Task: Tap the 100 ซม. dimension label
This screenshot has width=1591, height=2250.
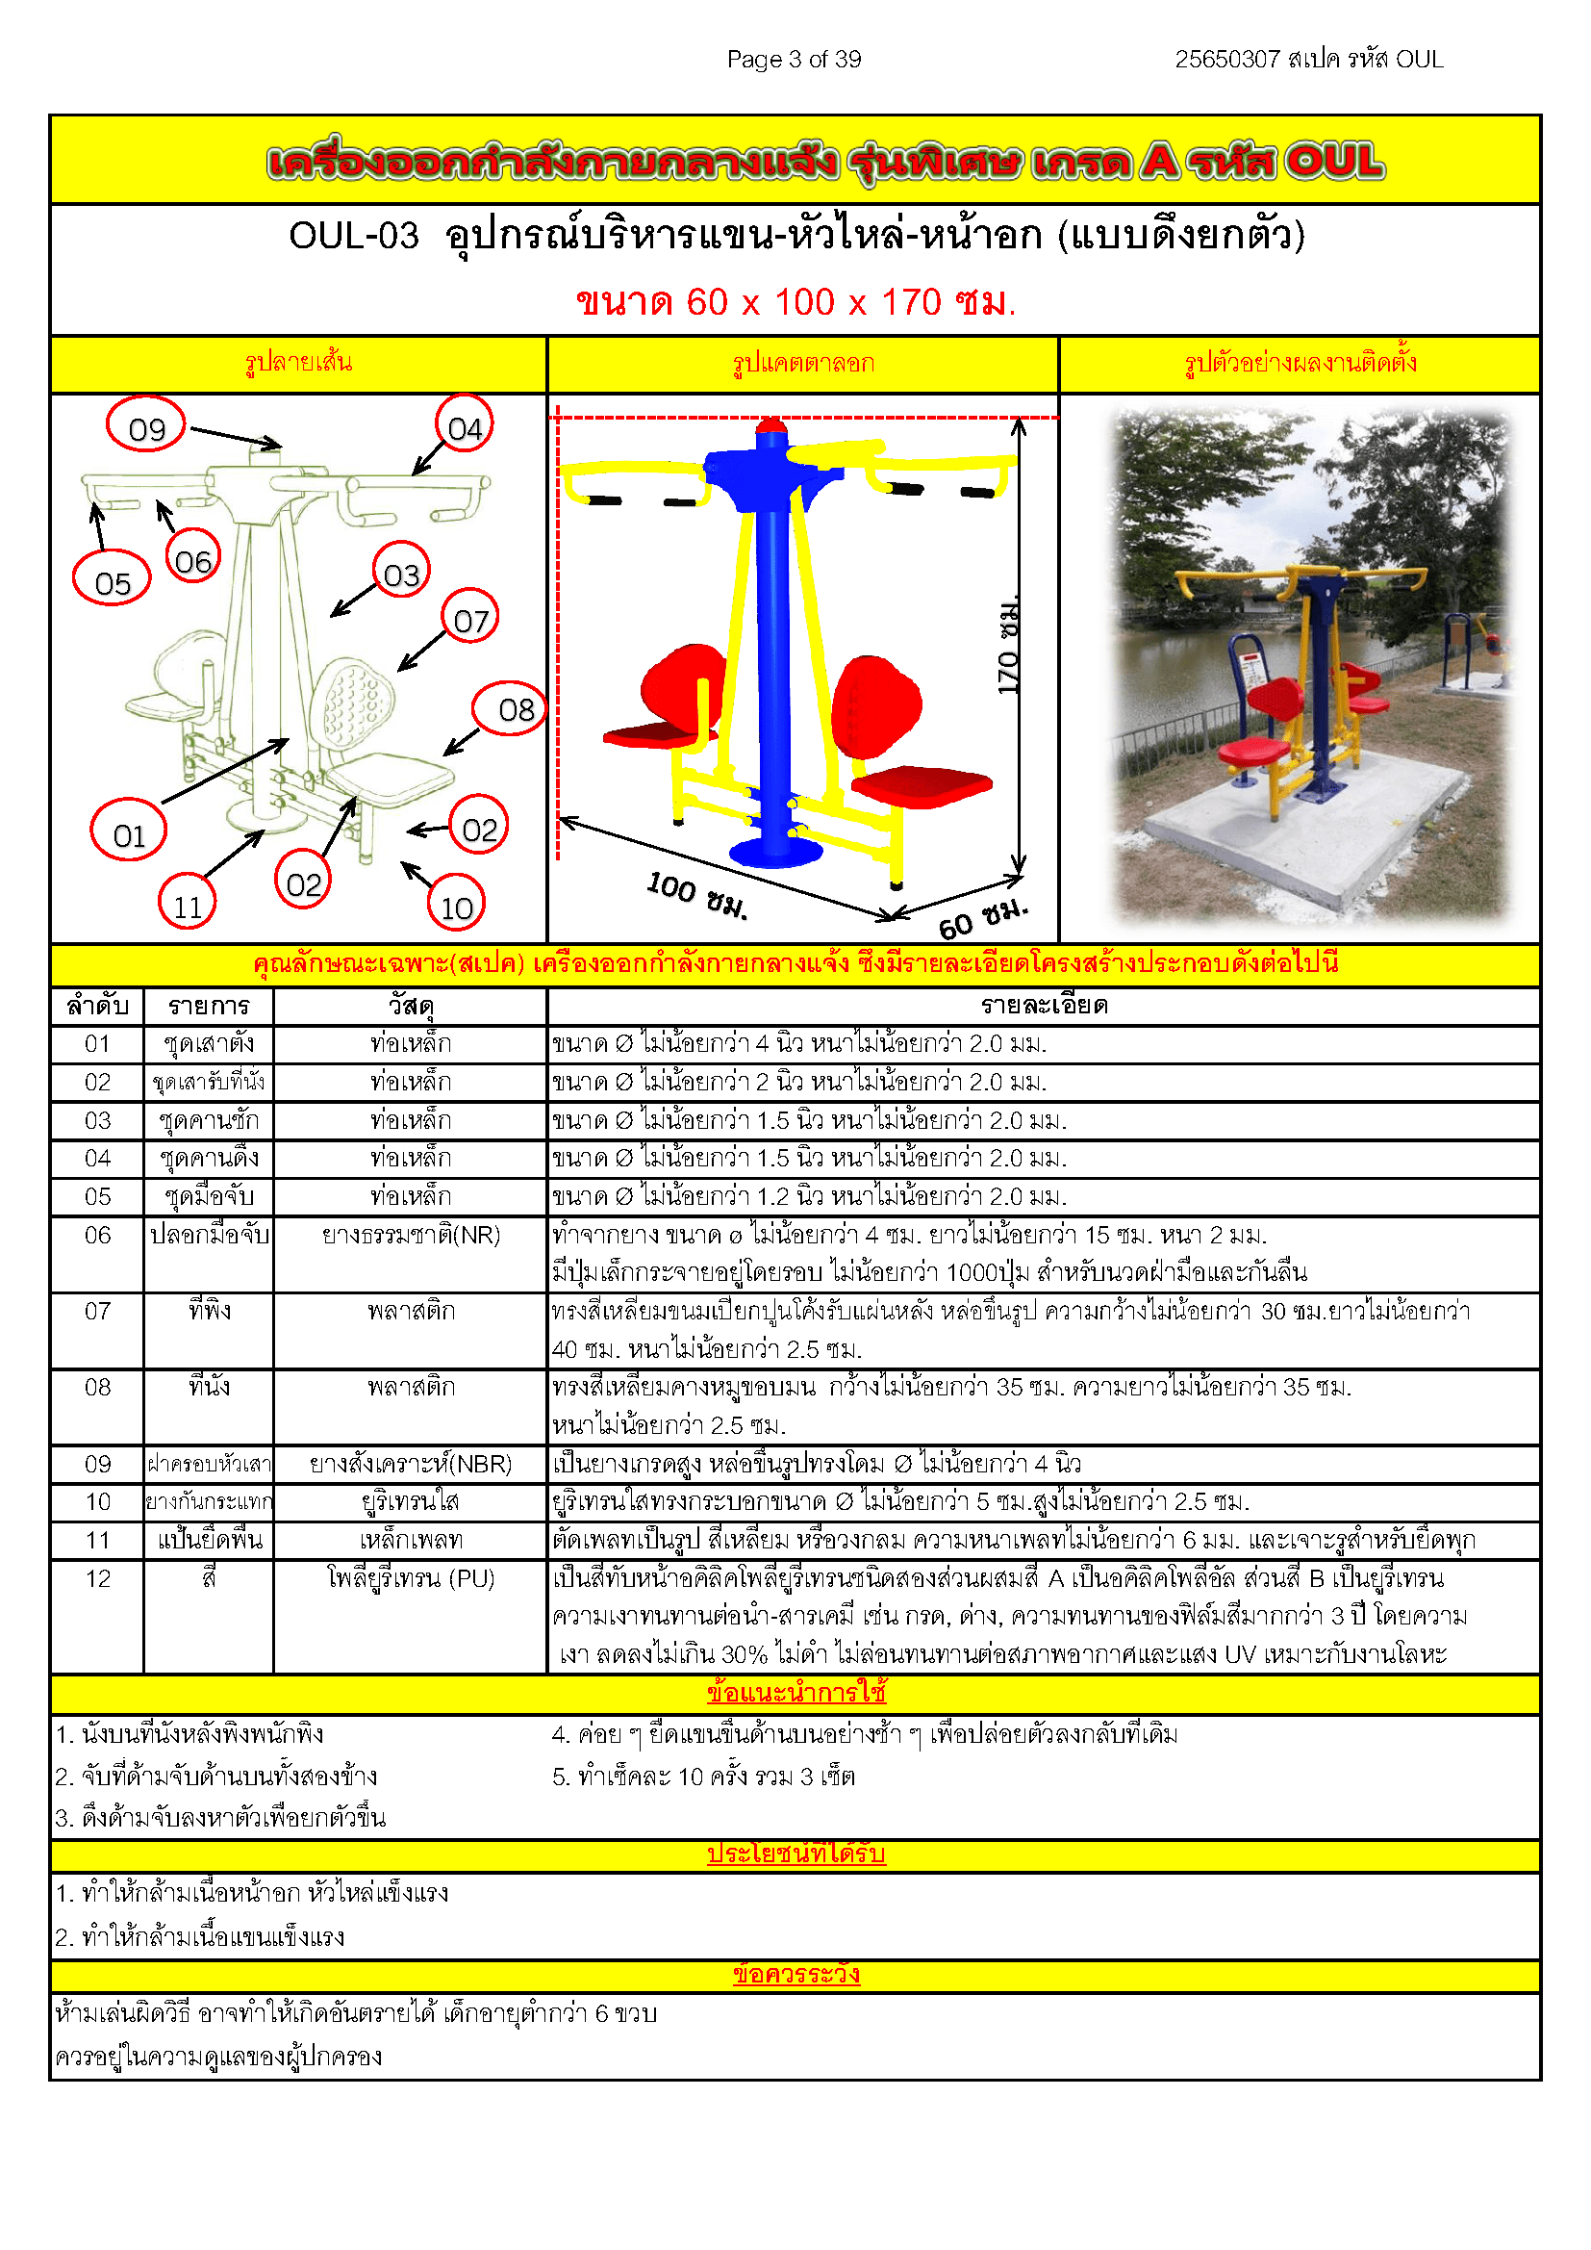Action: click(697, 896)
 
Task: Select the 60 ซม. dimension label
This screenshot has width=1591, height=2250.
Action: click(984, 917)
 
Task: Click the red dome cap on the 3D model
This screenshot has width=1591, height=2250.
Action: click(772, 424)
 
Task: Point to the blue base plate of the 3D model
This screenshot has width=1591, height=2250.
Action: click(776, 852)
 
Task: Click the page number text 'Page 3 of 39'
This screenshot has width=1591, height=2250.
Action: click(794, 60)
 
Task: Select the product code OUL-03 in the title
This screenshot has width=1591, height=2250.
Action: click(354, 236)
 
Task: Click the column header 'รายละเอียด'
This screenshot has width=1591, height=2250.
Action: click(1045, 1005)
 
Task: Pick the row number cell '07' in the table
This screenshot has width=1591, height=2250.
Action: click(97, 1310)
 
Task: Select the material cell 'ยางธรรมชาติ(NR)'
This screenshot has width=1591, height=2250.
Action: click(411, 1235)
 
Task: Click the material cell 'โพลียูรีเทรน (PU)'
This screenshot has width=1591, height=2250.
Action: click(411, 1577)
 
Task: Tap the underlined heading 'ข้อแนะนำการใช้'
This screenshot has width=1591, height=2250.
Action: click(795, 1693)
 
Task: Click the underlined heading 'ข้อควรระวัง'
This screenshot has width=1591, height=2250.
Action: click(795, 1974)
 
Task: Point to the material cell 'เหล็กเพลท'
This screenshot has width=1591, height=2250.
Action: click(411, 1540)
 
